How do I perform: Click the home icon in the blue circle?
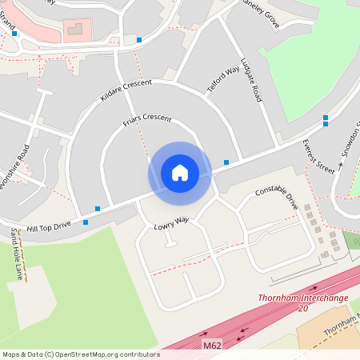click(x=179, y=173)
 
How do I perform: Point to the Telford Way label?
click(x=224, y=82)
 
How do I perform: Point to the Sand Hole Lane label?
click(x=17, y=254)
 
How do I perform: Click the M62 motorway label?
click(x=211, y=346)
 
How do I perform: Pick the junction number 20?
click(x=302, y=308)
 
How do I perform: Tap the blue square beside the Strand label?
click(x=14, y=34)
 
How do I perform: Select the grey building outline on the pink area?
click(x=76, y=30)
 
